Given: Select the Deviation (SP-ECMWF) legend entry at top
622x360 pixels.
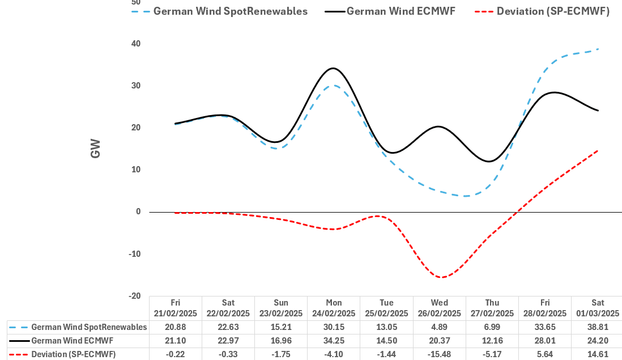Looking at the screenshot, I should (x=553, y=11).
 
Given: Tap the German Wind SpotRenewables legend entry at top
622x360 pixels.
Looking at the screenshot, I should (x=231, y=11).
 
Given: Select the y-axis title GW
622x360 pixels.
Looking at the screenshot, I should (x=95, y=149).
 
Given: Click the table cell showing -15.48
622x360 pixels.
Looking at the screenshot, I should (x=440, y=354).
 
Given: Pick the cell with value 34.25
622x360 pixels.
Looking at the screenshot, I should (x=334, y=341).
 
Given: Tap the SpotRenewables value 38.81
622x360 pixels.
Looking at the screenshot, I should (x=598, y=327).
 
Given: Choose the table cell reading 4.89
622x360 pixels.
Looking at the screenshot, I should (x=440, y=327).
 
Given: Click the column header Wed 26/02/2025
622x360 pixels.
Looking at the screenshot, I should (x=440, y=308).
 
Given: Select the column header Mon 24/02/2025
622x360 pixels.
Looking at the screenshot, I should (x=334, y=308).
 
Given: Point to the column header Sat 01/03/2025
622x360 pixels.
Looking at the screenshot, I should (x=598, y=308).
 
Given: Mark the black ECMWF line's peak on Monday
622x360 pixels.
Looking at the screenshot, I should (x=333, y=68).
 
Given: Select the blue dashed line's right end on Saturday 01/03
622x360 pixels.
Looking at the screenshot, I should (x=598, y=49).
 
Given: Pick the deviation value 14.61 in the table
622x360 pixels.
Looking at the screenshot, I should (x=598, y=354).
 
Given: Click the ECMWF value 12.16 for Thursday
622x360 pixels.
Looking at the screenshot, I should (x=492, y=341).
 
